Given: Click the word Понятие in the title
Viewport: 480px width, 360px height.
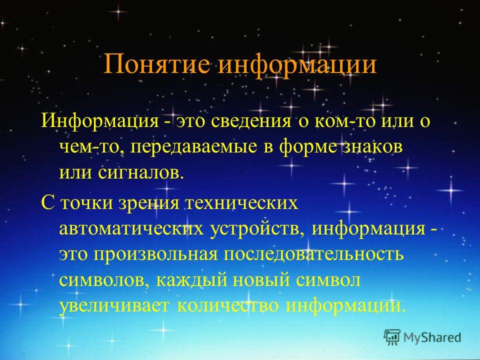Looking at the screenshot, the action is pos(156,64).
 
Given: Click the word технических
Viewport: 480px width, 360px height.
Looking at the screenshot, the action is pos(241,202).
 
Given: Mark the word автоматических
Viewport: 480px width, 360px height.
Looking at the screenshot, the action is pos(131,228).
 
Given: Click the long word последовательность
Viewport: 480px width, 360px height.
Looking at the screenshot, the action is pos(314,254).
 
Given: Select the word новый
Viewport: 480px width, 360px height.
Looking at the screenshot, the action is pos(261,280).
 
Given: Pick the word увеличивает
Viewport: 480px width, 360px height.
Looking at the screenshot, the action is pos(114,306).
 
